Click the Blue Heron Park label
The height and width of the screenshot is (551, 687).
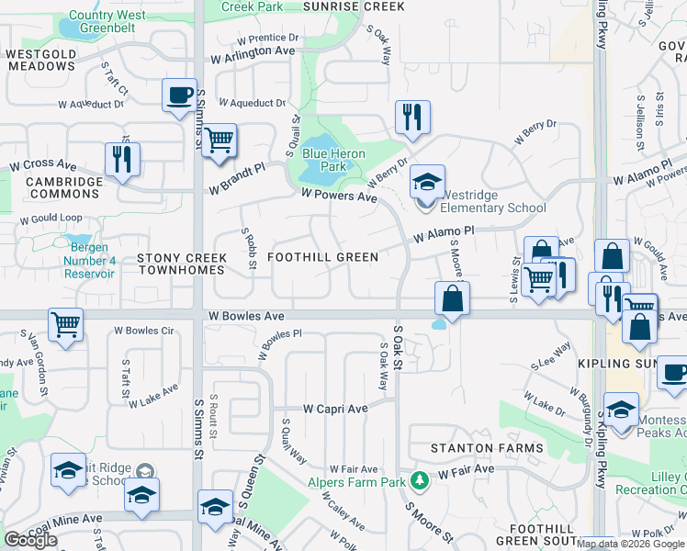click(333, 160)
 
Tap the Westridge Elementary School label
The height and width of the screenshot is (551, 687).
click(494, 201)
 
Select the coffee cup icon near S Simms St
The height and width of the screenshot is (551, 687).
click(179, 95)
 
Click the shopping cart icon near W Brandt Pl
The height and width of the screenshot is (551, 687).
click(219, 141)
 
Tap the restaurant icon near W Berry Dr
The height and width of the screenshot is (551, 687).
click(411, 117)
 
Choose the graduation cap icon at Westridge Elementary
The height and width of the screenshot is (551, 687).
click(427, 182)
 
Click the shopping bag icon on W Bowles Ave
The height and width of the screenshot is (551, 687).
click(452, 298)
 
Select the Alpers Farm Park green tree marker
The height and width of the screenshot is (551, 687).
click(420, 479)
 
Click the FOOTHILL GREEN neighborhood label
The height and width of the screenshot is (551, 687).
click(322, 257)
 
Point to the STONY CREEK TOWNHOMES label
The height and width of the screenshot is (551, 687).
click(181, 264)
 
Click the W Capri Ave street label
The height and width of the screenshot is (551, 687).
click(335, 408)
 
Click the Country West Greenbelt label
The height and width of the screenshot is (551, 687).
click(107, 21)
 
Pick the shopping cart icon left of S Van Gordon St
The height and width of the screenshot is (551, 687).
click(65, 324)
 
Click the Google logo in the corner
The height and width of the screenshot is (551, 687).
click(30, 540)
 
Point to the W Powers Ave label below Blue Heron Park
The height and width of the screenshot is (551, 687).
click(340, 197)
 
